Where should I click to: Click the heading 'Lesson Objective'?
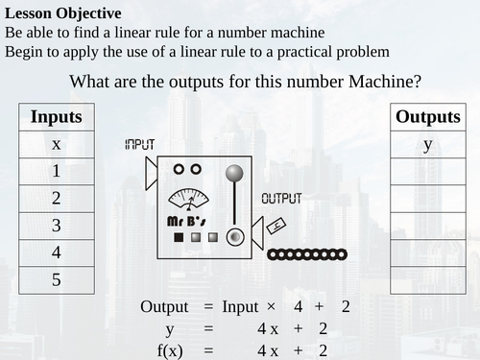tap(62, 13)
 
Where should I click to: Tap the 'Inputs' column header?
tap(57, 117)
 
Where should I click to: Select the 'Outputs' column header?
tap(428, 117)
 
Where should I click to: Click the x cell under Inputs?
tap(57, 144)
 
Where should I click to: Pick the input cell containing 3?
tap(57, 226)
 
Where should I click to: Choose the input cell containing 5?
tap(57, 280)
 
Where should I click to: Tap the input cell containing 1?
tap(57, 172)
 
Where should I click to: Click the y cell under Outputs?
tap(428, 144)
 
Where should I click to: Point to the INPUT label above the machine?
tap(139, 144)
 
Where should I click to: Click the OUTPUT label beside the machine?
tap(281, 199)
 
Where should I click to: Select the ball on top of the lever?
tap(233, 174)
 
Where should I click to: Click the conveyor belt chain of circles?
tap(306, 254)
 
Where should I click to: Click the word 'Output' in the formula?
tap(165, 307)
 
